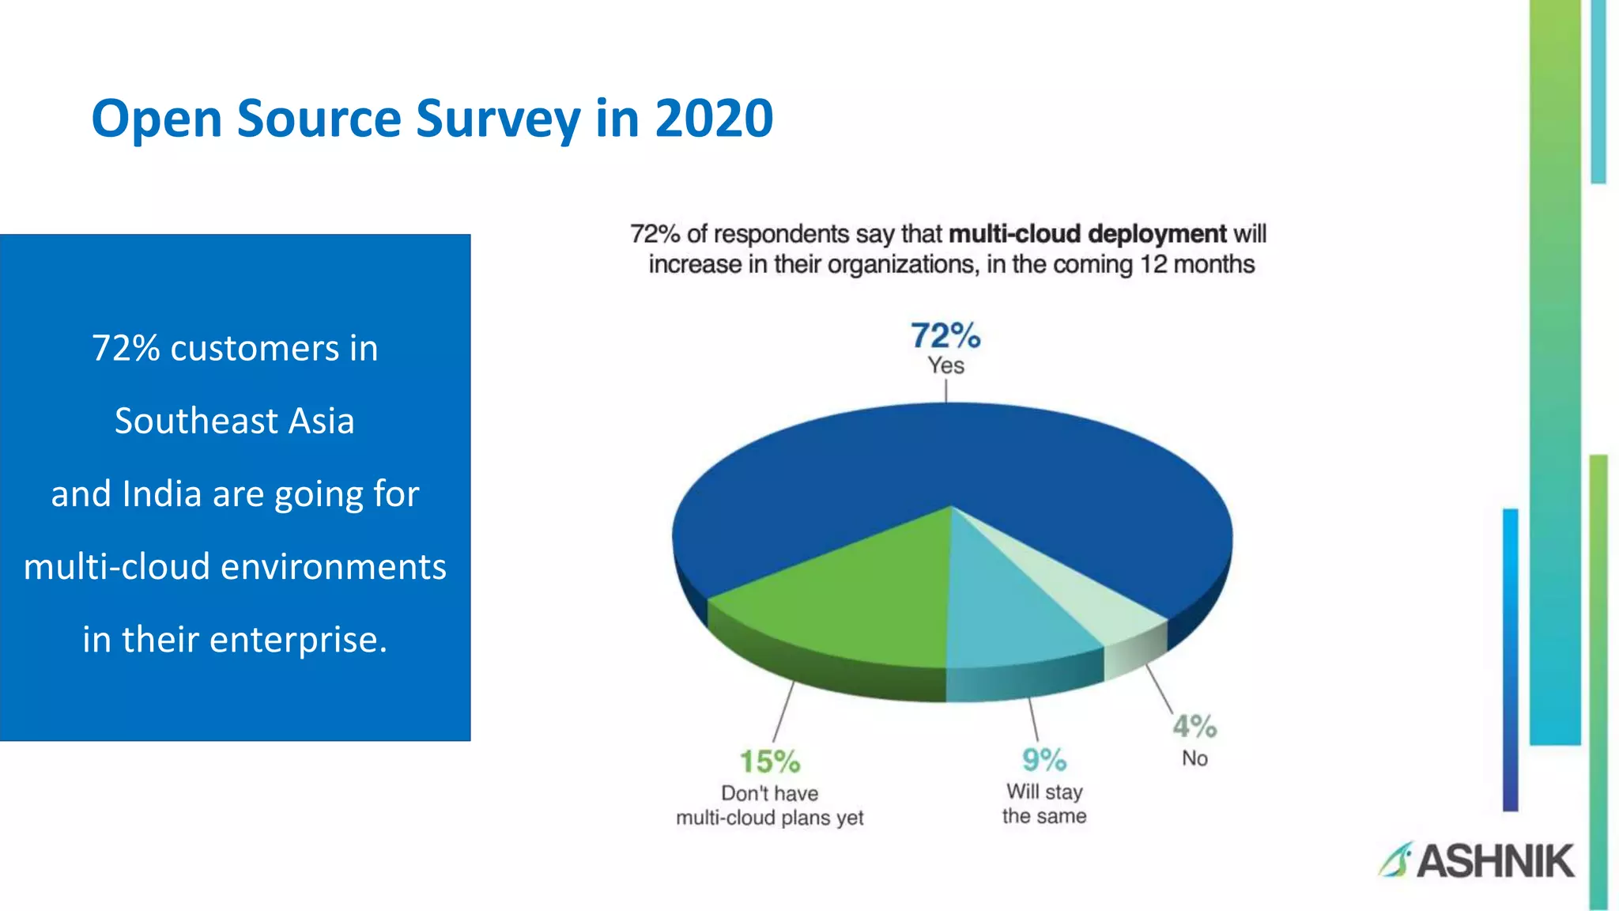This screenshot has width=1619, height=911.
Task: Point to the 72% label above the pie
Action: click(945, 336)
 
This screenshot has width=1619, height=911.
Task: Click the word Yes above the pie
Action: click(945, 366)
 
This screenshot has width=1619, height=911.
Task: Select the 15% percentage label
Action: click(769, 762)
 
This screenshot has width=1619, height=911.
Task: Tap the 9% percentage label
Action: click(1043, 761)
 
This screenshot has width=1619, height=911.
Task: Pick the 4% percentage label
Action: click(1194, 726)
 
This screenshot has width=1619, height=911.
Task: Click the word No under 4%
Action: click(1194, 758)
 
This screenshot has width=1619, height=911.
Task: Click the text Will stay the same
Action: click(1044, 803)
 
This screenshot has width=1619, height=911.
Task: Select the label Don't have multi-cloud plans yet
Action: click(769, 805)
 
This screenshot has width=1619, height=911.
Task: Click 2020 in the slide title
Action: click(713, 119)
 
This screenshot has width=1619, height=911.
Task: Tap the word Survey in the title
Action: click(498, 119)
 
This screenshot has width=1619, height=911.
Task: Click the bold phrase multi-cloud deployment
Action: click(1087, 234)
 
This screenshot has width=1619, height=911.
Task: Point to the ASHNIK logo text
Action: click(1494, 861)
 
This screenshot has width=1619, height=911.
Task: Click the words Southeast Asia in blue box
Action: click(235, 421)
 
